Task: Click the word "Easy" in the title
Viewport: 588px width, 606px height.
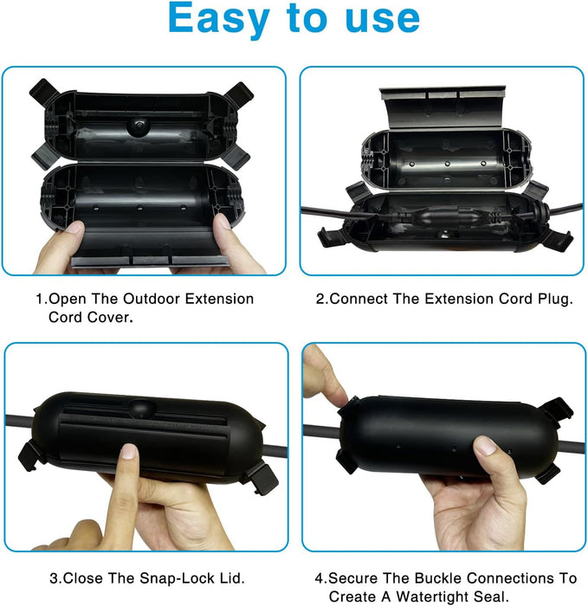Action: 218,18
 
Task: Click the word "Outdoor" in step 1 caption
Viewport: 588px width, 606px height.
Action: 152,299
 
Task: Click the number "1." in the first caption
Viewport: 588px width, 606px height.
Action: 42,299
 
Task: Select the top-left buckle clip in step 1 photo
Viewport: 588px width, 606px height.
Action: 45,92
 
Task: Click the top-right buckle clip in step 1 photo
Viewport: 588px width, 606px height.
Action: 238,94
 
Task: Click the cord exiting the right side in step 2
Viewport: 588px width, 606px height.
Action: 566,209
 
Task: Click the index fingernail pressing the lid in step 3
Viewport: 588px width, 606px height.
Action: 129,451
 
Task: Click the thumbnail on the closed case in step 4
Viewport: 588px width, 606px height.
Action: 485,445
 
